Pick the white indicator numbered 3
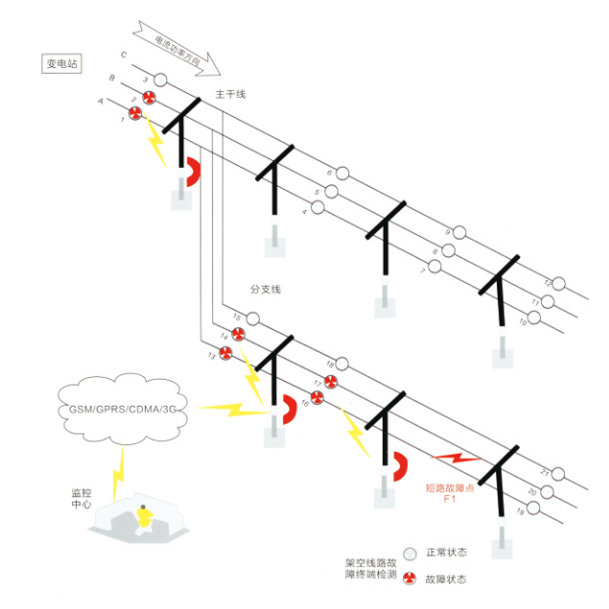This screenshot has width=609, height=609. [x=160, y=81]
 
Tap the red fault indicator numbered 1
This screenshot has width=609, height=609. [x=135, y=115]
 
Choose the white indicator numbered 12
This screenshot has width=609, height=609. [x=559, y=284]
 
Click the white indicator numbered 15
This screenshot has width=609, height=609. [x=253, y=318]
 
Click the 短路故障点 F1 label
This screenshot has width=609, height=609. [x=448, y=492]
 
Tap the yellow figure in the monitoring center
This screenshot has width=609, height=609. [x=144, y=518]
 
